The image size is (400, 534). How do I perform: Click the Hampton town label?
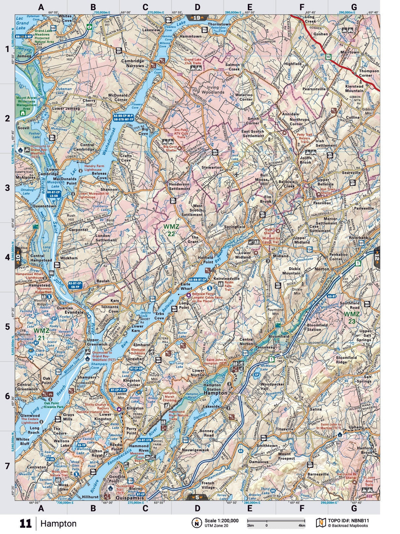(215, 393)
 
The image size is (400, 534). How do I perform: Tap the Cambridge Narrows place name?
(132, 63)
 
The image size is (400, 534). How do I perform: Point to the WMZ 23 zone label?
(352, 317)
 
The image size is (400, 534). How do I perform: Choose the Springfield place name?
(235, 227)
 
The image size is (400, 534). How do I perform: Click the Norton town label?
(322, 269)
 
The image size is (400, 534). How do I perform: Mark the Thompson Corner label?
(369, 73)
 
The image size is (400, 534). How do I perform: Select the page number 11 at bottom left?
(25, 523)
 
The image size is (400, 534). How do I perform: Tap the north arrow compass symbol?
(197, 523)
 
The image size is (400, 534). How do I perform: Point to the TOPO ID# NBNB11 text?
(348, 520)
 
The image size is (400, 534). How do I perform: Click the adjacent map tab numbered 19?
(197, 18)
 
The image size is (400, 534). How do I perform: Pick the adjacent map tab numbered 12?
(377, 256)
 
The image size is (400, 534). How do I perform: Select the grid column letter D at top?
(197, 7)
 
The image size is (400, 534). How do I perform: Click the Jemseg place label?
(24, 56)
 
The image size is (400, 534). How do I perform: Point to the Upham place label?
(356, 427)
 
